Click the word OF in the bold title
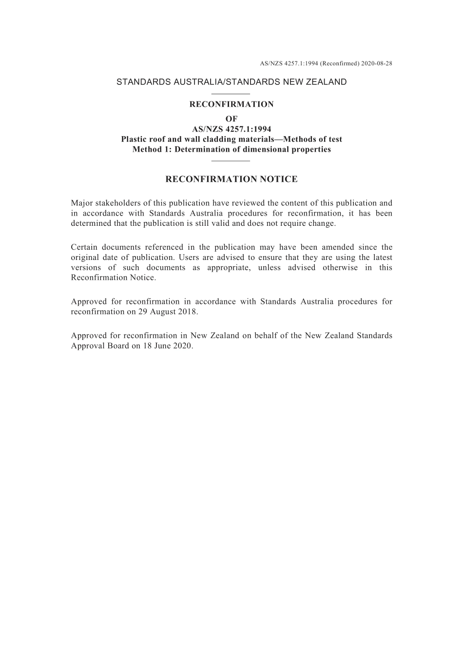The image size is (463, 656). (231, 119)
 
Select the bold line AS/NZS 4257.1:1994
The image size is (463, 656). (231, 129)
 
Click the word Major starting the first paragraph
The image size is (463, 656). (81, 203)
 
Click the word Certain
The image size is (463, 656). (84, 247)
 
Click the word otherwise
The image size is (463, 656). (340, 268)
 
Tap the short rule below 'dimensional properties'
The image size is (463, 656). (231, 160)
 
